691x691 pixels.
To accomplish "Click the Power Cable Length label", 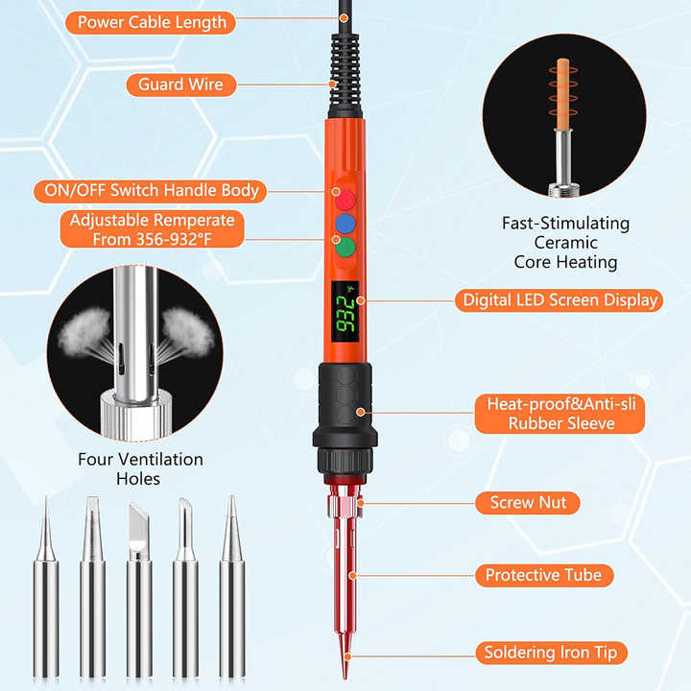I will [x=152, y=22].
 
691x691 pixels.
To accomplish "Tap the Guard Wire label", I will [x=180, y=84].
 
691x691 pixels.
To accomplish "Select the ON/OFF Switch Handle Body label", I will [x=151, y=190].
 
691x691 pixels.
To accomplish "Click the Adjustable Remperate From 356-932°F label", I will [x=152, y=230].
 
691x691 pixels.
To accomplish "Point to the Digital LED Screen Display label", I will [x=560, y=299].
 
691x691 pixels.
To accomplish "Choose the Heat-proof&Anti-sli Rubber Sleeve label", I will [x=561, y=414].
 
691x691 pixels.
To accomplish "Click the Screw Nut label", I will [x=528, y=502].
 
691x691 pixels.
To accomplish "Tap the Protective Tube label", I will [x=543, y=575].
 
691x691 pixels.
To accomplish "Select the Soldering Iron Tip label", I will [x=551, y=653].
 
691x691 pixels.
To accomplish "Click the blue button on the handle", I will [x=345, y=224].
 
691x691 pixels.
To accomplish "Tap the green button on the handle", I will [x=345, y=248].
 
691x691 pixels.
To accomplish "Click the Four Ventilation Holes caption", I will [x=140, y=468].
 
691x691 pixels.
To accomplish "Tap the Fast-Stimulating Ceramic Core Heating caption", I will [x=565, y=242].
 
